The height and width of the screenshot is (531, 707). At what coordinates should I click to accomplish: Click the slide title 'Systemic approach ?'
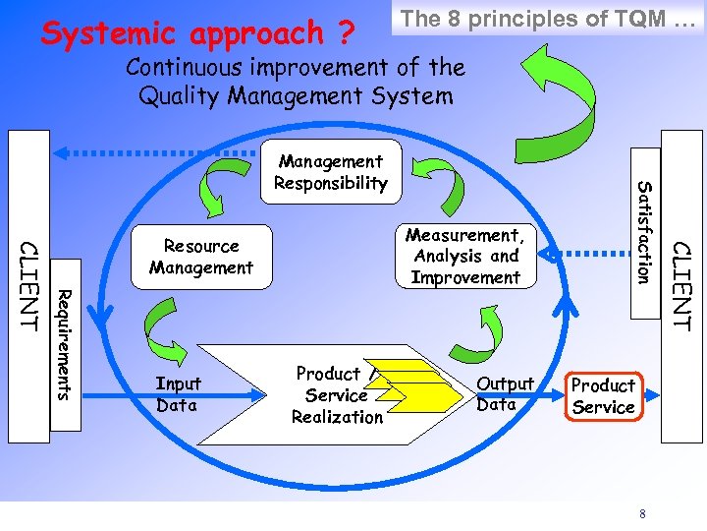196,32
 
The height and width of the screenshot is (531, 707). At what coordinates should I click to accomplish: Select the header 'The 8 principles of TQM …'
547,18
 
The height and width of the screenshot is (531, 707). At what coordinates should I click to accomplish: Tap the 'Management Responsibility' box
331,172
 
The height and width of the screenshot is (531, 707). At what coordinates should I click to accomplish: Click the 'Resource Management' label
201,257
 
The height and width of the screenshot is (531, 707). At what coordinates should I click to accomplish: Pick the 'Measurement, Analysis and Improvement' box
465,257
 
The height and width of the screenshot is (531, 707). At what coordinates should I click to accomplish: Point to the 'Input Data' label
177,395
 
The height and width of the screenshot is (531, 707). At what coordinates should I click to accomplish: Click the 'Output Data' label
505,394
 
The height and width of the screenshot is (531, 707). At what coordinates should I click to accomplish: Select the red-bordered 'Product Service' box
603,396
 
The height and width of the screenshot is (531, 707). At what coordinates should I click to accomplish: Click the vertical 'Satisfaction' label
644,232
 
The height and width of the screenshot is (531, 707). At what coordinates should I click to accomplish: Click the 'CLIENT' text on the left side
28,284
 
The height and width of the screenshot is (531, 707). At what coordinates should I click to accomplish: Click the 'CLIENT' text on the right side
682,285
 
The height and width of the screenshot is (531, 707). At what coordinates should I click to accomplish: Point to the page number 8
642,512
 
